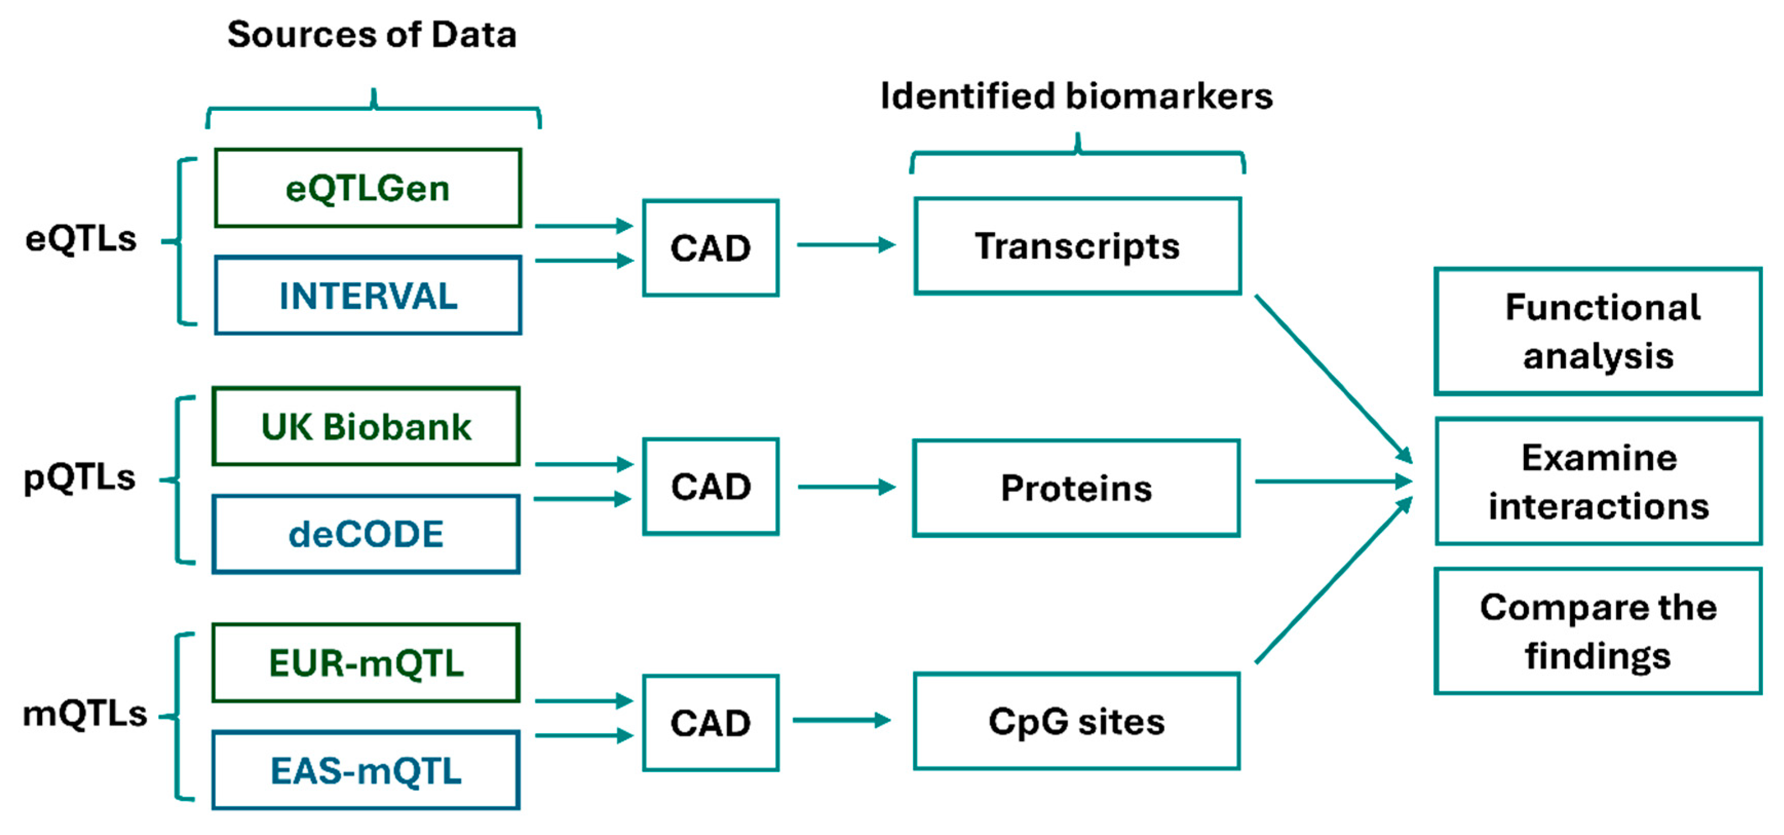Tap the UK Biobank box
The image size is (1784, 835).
pyautogui.click(x=365, y=426)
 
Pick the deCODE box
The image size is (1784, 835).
pyautogui.click(x=365, y=534)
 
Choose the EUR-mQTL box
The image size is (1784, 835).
pyautogui.click(x=365, y=663)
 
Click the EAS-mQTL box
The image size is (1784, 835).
pyautogui.click(x=365, y=770)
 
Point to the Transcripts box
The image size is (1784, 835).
pyautogui.click(x=1077, y=246)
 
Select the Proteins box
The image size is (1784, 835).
pyautogui.click(x=1076, y=488)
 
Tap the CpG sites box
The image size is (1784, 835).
pyautogui.click(x=1076, y=721)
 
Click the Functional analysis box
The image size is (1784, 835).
pyautogui.click(x=1598, y=331)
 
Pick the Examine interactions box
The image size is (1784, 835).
pyautogui.click(x=1598, y=481)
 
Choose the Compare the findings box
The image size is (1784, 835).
pyautogui.click(x=1598, y=631)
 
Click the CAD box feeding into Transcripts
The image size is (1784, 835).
pyautogui.click(x=710, y=248)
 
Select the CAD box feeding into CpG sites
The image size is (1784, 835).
pyautogui.click(x=710, y=723)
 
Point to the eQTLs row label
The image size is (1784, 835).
pyautogui.click(x=81, y=239)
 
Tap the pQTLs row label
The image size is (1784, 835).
pyautogui.click(x=79, y=477)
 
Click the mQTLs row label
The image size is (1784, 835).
pyautogui.click(x=85, y=713)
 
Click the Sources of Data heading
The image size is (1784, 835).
pyautogui.click(x=372, y=34)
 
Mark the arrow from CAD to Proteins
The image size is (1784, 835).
pyautogui.click(x=846, y=487)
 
